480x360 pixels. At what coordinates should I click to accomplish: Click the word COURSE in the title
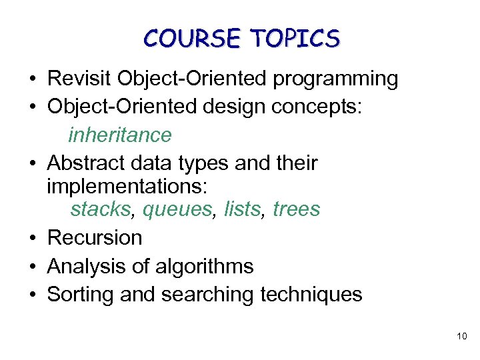click(192, 39)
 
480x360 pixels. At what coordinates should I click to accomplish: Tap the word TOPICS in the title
click(295, 39)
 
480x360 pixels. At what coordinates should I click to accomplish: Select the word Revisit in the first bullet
click(79, 79)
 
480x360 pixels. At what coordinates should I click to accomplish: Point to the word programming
click(335, 79)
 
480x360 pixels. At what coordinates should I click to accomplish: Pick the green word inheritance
click(120, 135)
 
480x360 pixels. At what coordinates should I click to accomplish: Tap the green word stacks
click(101, 209)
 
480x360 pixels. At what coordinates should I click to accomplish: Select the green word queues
click(177, 209)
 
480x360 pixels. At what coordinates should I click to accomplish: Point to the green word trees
click(297, 209)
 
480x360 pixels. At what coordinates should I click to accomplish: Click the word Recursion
click(95, 237)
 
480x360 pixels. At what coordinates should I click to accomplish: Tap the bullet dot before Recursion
click(32, 238)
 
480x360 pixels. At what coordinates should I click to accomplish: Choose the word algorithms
click(204, 266)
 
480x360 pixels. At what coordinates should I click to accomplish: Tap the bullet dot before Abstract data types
click(32, 163)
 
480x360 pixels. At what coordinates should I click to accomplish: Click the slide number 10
click(462, 337)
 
